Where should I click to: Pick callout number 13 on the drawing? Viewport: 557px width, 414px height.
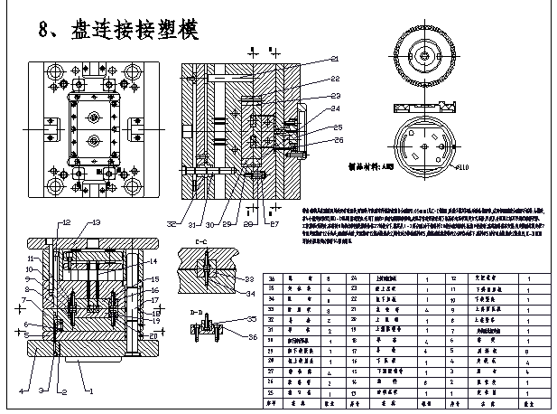(x=97, y=222)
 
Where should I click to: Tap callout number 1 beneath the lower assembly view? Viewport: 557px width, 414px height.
(x=89, y=392)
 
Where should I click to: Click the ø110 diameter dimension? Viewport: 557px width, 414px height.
(x=463, y=168)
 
